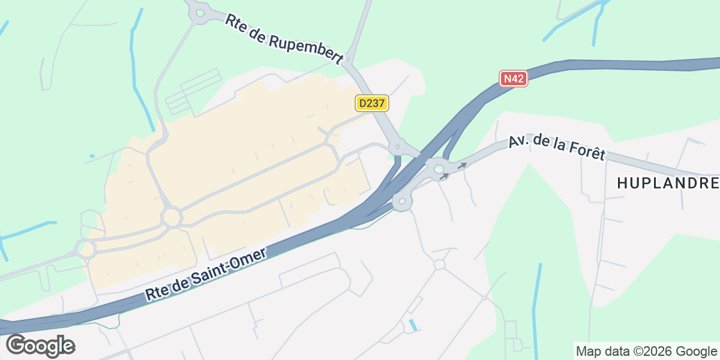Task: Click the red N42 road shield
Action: (x=513, y=79)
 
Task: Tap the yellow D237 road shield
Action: (x=372, y=103)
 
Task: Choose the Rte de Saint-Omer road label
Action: (x=205, y=275)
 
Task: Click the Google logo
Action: (x=40, y=346)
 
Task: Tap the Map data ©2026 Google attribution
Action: (x=646, y=351)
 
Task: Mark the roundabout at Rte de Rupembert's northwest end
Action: (x=197, y=13)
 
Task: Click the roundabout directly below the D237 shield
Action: (x=397, y=146)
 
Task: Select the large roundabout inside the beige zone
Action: (x=172, y=216)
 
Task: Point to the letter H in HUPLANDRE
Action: (x=622, y=184)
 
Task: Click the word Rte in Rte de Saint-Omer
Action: (x=155, y=293)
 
